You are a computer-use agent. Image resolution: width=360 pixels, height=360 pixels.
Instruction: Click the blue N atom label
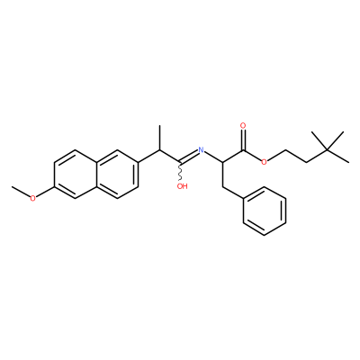point(201,150)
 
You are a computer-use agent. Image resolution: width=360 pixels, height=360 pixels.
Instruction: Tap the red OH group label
point(182,186)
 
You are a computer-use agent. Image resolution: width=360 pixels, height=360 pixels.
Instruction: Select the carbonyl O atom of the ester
point(243,125)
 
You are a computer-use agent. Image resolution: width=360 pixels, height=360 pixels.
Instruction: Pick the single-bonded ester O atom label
point(264,162)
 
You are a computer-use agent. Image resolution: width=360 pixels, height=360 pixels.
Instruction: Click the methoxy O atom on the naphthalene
point(33,198)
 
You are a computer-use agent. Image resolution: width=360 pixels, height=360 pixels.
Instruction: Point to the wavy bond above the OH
point(181,172)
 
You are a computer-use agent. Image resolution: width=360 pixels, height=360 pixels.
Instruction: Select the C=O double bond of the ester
point(244,139)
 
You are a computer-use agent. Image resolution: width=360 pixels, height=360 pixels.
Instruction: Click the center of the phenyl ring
point(264,211)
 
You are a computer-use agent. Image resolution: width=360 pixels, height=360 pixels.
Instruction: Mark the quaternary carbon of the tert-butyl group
point(328,150)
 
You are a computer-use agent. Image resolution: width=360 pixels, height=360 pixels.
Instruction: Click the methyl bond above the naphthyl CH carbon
point(160,138)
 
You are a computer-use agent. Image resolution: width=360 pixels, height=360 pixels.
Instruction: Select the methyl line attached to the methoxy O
point(21,192)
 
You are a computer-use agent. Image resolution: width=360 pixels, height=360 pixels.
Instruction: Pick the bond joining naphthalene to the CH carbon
point(149,156)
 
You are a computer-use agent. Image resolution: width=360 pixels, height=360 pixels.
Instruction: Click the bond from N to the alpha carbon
point(213,157)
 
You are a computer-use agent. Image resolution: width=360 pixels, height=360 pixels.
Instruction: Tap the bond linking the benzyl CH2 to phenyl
point(233,193)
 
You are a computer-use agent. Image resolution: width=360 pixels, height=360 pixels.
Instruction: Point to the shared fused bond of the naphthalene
point(96,174)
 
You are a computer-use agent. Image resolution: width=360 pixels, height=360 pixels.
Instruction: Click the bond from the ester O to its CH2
point(276,156)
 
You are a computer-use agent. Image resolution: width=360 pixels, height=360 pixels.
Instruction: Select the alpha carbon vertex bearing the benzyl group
point(222,162)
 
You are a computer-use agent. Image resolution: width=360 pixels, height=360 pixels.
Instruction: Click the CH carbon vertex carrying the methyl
point(160,150)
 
